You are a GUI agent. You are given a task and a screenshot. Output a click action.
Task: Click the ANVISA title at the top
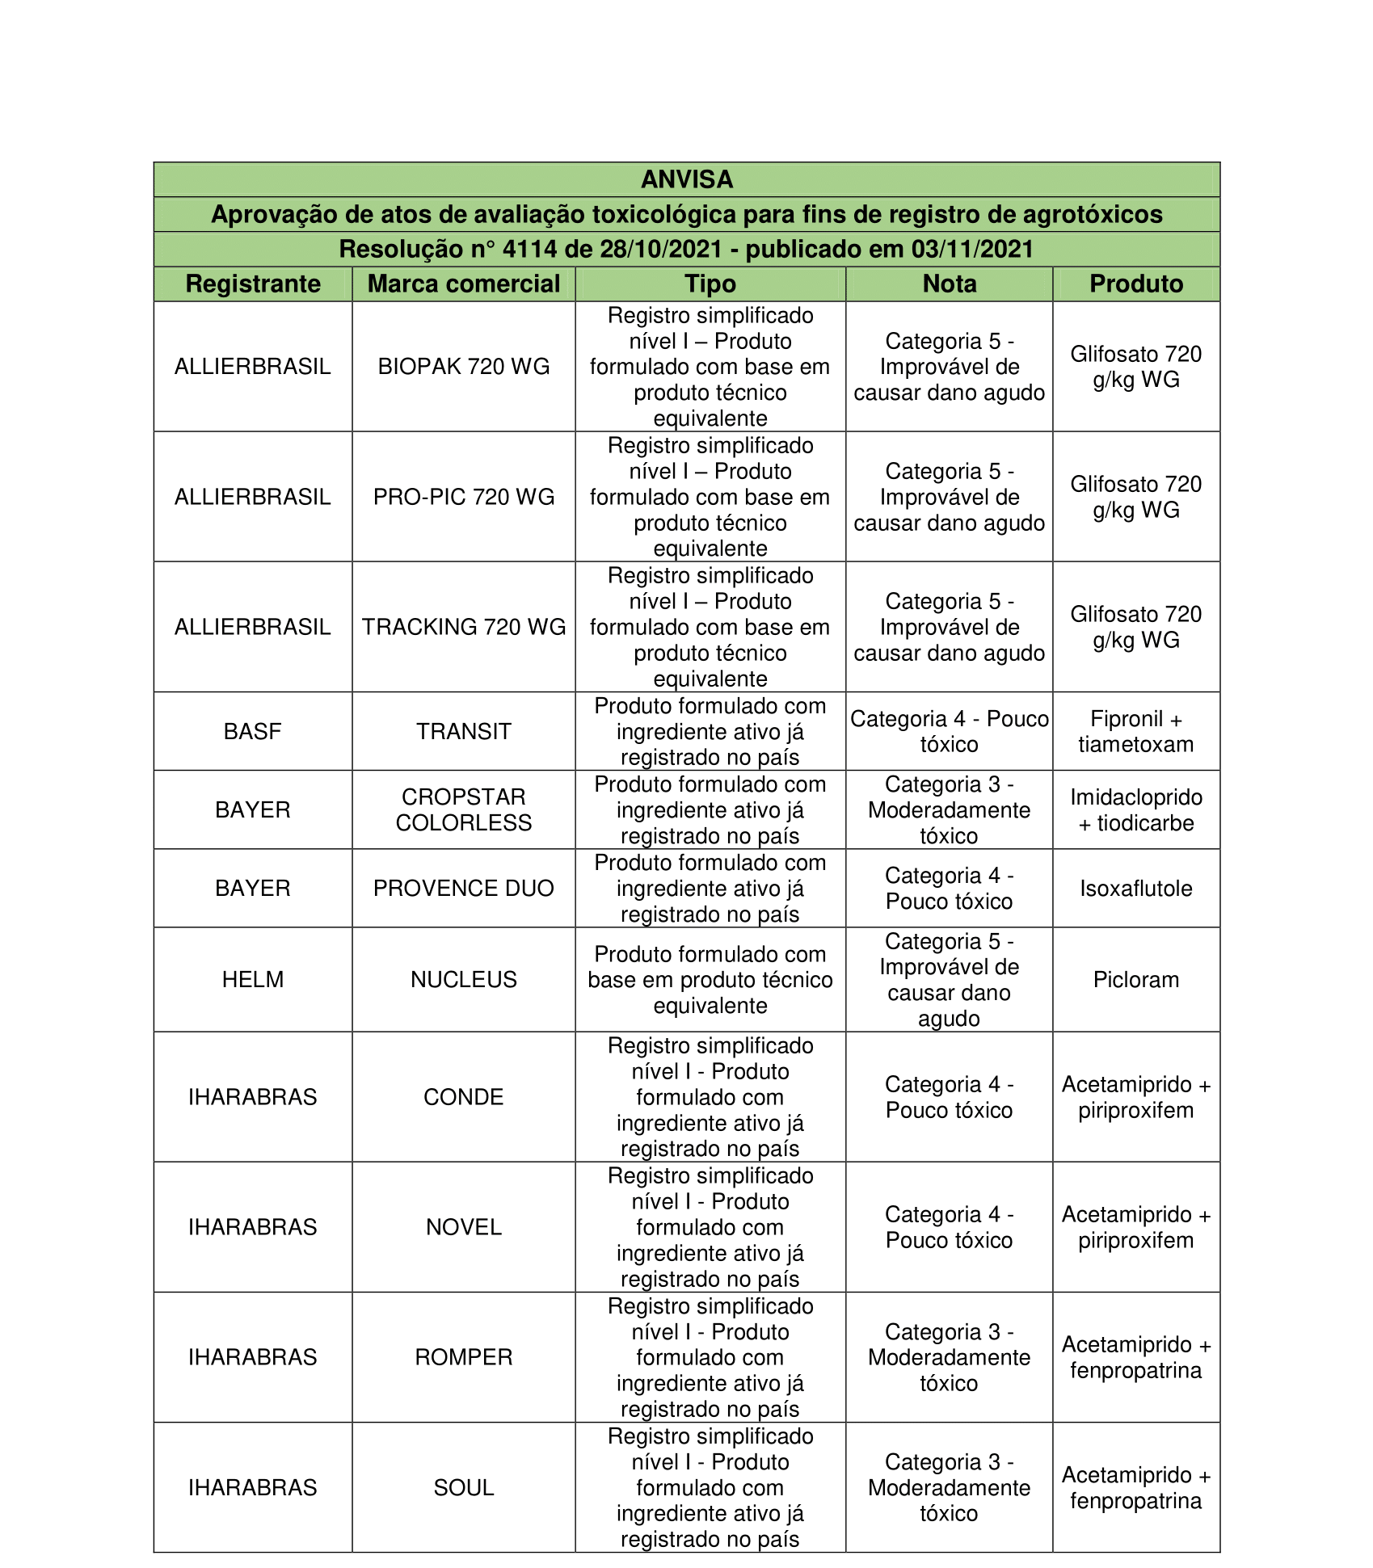tap(687, 179)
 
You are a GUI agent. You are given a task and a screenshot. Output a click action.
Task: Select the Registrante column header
tap(253, 284)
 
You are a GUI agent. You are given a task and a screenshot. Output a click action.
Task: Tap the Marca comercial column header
tap(464, 284)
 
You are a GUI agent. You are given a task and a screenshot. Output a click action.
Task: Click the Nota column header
tap(950, 284)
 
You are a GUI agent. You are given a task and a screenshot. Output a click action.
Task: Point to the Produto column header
tap(1136, 284)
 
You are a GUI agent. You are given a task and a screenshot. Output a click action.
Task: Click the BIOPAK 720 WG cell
tap(464, 367)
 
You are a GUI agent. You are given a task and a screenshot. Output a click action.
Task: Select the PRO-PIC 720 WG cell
tap(464, 497)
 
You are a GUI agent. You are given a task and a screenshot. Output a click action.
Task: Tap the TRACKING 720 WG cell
tap(464, 627)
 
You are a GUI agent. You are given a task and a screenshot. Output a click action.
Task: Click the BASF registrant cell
tap(253, 731)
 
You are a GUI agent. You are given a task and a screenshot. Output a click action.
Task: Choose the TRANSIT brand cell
tap(464, 731)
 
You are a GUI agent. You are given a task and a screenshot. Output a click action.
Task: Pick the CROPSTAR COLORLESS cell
tap(464, 809)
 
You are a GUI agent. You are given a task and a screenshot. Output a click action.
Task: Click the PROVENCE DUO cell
tap(464, 888)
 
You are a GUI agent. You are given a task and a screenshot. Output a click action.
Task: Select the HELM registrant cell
tap(253, 979)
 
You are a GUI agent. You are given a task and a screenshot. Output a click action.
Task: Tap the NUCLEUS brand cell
tap(464, 979)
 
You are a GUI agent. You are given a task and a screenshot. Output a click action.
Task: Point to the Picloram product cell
tap(1136, 979)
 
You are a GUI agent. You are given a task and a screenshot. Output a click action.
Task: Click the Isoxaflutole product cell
tap(1136, 888)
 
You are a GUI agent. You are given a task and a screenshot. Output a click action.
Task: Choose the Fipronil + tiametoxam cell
tap(1136, 731)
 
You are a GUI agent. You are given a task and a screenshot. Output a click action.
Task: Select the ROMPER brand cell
tap(464, 1356)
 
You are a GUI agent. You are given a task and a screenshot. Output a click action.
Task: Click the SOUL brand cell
tap(464, 1487)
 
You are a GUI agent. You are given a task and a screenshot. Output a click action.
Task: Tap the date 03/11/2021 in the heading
tap(972, 249)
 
